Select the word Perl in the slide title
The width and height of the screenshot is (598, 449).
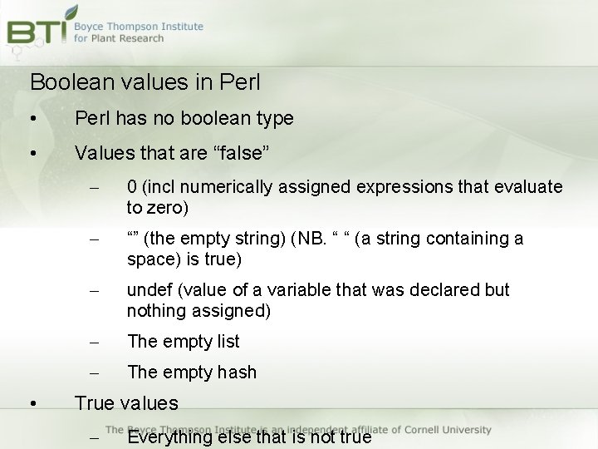tap(241, 82)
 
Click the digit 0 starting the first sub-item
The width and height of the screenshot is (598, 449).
tap(132, 187)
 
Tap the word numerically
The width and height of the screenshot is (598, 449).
tap(224, 187)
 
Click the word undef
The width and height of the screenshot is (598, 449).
tap(149, 290)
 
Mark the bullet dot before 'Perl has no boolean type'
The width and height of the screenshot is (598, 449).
tap(32, 119)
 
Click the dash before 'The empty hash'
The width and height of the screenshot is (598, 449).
tap(94, 373)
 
